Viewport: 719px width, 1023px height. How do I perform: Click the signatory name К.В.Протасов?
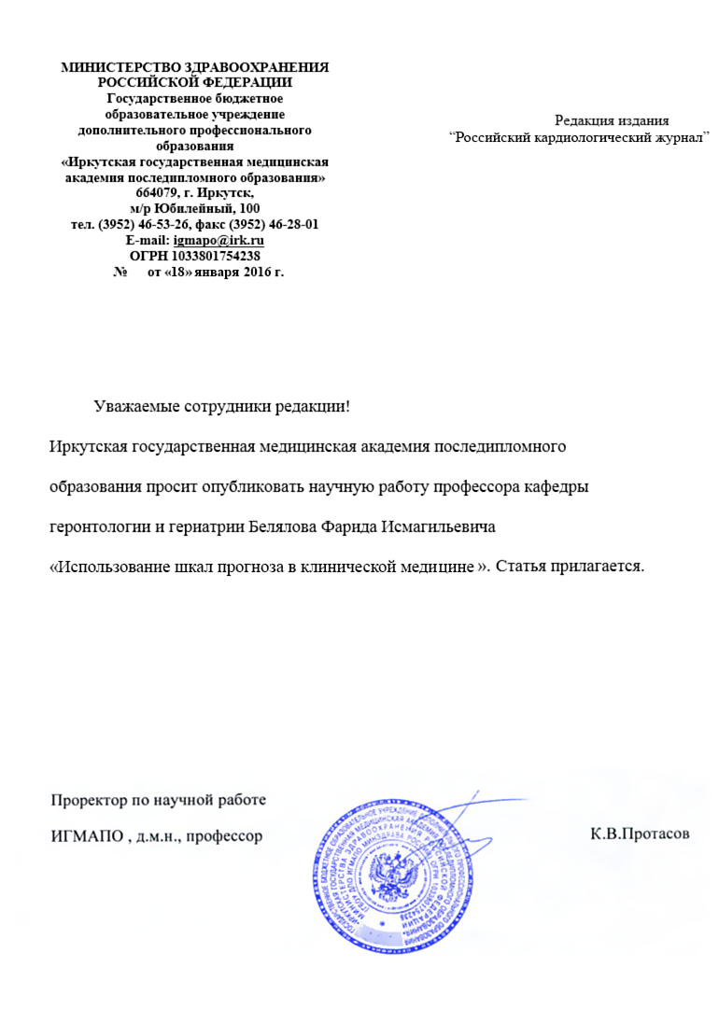tap(640, 834)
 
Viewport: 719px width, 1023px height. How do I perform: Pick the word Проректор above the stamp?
tap(87, 800)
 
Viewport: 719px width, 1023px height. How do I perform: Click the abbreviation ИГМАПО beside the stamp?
tap(86, 834)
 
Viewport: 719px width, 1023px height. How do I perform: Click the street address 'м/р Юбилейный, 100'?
tap(195, 209)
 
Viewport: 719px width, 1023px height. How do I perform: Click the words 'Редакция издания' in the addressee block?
tap(612, 119)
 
